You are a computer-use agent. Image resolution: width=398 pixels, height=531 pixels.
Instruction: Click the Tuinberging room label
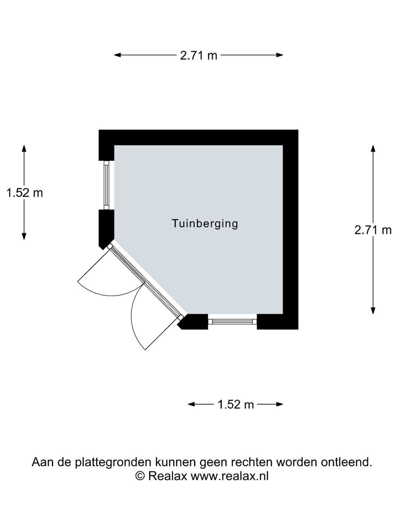[205, 223]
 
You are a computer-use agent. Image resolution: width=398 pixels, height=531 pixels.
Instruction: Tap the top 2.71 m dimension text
[198, 56]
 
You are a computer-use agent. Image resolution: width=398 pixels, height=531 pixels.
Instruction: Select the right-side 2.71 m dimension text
[373, 230]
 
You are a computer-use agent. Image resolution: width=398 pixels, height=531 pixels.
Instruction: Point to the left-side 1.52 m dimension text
[24, 193]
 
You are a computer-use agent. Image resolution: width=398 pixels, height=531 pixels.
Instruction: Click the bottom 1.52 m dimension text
[235, 404]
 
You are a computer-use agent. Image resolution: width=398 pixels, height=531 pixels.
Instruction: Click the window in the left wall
[107, 185]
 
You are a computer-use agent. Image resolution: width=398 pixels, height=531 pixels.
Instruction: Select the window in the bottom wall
[232, 322]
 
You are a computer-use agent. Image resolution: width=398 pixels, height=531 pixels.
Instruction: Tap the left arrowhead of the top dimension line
[117, 55]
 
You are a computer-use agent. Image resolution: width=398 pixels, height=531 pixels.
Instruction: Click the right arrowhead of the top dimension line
[280, 55]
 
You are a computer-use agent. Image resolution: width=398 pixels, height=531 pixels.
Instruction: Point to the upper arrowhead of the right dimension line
[373, 148]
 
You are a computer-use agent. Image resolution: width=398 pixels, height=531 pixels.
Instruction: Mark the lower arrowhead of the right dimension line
[373, 311]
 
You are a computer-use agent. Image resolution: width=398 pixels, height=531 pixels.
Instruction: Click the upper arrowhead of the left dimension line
[24, 148]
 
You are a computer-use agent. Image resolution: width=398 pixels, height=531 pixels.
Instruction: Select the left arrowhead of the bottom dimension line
[191, 404]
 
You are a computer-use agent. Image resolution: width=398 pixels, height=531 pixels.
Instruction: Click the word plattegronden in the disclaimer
[114, 462]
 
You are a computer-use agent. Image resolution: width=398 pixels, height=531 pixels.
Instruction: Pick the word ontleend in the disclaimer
[346, 462]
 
